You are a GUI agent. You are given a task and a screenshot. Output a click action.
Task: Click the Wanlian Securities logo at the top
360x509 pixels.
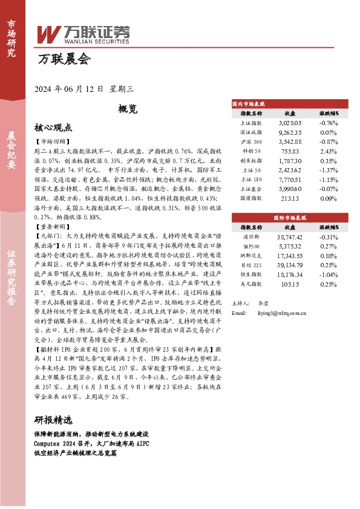click(83, 34)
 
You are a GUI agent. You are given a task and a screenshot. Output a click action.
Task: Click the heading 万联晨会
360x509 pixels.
click(64, 60)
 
